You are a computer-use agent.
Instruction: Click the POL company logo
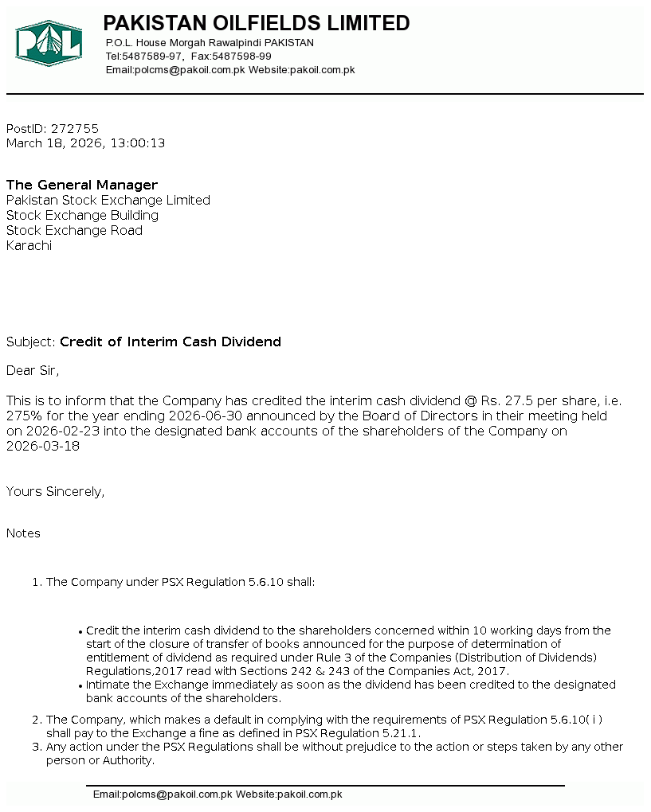click(x=49, y=43)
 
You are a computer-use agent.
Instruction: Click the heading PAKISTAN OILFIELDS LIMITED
click(x=257, y=23)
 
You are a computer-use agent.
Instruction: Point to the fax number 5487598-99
click(x=241, y=57)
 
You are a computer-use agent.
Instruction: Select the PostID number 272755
click(x=75, y=128)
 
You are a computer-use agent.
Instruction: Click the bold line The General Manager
click(x=82, y=185)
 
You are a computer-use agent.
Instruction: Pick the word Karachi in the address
click(x=29, y=245)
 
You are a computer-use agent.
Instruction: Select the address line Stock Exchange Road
click(x=74, y=230)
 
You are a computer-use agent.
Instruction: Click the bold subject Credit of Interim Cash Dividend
click(x=171, y=342)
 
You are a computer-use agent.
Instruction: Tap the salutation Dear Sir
click(x=32, y=370)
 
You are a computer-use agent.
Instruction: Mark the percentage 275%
click(x=22, y=416)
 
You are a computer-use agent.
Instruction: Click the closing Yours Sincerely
click(x=55, y=491)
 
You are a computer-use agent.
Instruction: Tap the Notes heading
click(x=23, y=533)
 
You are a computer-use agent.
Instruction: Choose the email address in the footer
click(x=163, y=794)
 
